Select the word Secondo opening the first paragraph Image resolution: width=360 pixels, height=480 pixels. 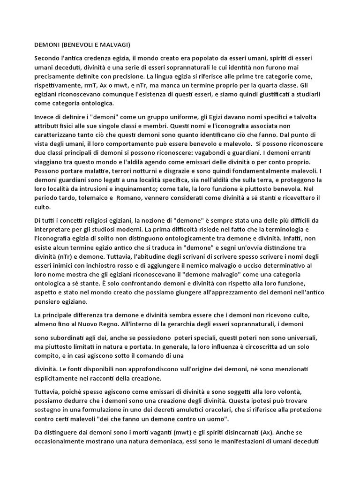tap(48, 58)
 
